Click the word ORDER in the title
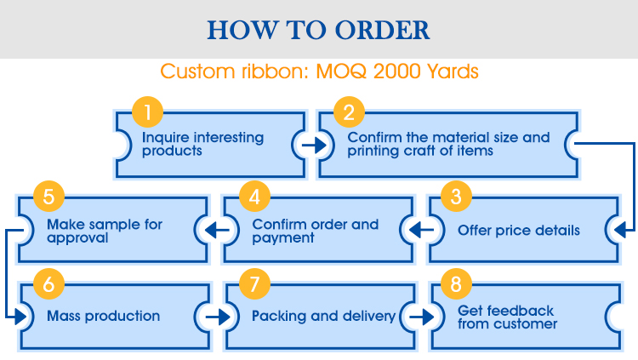pyautogui.click(x=382, y=30)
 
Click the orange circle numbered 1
pyautogui.click(x=148, y=112)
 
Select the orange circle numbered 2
pyautogui.click(x=349, y=112)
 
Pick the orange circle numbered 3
pyautogui.click(x=456, y=197)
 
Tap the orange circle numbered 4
pyautogui.click(x=254, y=197)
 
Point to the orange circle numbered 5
pyautogui.click(x=48, y=197)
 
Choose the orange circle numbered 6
pyautogui.click(x=48, y=284)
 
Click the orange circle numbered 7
pyautogui.click(x=254, y=284)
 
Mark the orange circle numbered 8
pyautogui.click(x=456, y=284)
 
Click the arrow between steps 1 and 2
pyautogui.click(x=314, y=145)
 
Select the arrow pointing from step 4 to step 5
pyautogui.click(x=217, y=231)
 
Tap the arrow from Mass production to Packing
pyautogui.click(x=218, y=317)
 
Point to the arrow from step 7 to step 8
pyautogui.click(x=422, y=317)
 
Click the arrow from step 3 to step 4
pyautogui.click(x=421, y=231)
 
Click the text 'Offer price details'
pyautogui.click(x=519, y=231)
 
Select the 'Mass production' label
pyautogui.click(x=103, y=316)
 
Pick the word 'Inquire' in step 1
pyautogui.click(x=166, y=138)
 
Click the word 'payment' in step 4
pyautogui.click(x=283, y=237)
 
